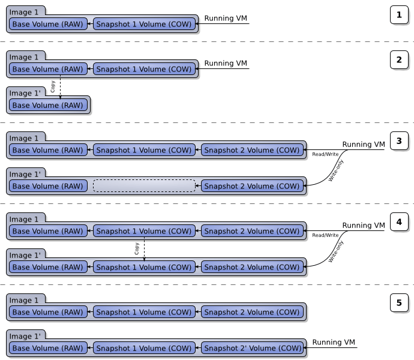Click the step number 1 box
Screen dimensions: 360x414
(399, 15)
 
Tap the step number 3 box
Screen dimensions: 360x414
(399, 142)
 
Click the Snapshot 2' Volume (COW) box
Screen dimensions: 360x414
(252, 348)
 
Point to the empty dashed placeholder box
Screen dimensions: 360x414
(144, 186)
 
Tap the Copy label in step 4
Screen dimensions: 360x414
(137, 248)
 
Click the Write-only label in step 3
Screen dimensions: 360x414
(336, 171)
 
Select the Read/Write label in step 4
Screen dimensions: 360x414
(325, 235)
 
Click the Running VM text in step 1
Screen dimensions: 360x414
(226, 19)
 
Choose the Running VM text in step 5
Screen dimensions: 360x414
(334, 343)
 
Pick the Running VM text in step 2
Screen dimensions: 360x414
(226, 64)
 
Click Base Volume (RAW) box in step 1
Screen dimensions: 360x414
(49, 24)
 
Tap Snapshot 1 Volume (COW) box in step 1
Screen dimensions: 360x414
(144, 24)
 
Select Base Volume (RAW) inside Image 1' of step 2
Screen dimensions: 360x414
(49, 105)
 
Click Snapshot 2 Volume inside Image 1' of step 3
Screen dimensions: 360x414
(252, 186)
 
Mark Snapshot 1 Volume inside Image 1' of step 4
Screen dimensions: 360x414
(144, 267)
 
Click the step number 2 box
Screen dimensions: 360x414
(399, 60)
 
